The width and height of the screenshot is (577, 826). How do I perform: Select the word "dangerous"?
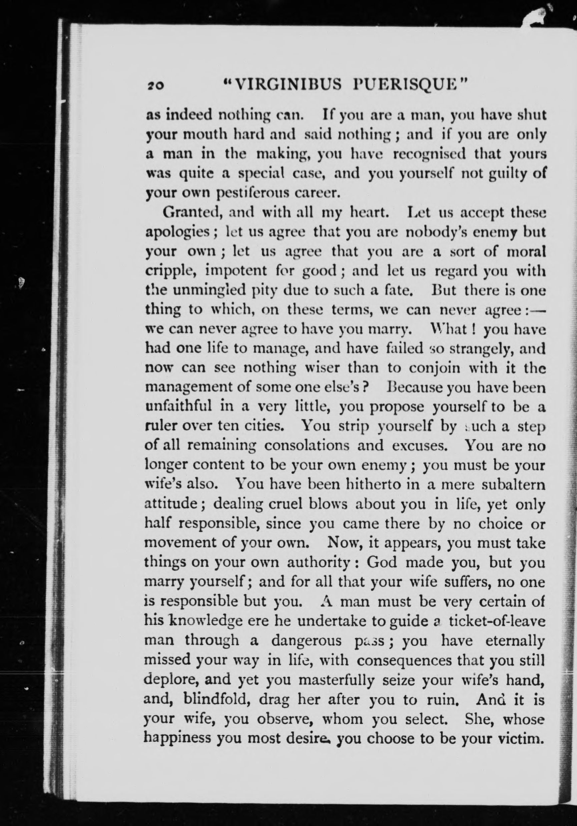point(306,641)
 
